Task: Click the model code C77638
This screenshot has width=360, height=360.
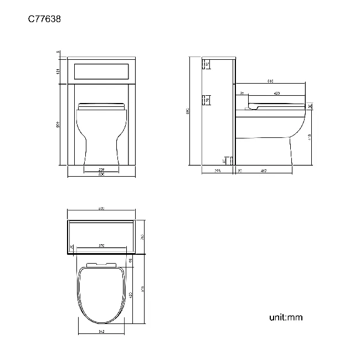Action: click(x=45, y=19)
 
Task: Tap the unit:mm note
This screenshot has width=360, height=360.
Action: click(x=286, y=317)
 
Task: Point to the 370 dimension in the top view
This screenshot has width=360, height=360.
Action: click(x=101, y=245)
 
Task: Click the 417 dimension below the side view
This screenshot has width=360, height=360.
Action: click(x=264, y=171)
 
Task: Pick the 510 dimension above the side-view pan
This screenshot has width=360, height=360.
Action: click(x=270, y=81)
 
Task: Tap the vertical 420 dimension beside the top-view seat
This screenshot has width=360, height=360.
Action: click(x=131, y=296)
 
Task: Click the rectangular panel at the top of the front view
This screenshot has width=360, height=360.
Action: click(x=101, y=70)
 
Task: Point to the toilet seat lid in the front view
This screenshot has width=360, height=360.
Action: click(x=101, y=105)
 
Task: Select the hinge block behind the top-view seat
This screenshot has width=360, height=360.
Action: click(x=101, y=264)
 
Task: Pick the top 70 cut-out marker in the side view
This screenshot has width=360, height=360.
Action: click(x=206, y=65)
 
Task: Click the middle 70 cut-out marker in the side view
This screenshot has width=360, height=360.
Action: click(x=206, y=100)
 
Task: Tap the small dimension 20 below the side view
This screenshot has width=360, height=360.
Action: click(x=240, y=171)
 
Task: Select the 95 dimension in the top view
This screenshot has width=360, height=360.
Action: click(x=131, y=261)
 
